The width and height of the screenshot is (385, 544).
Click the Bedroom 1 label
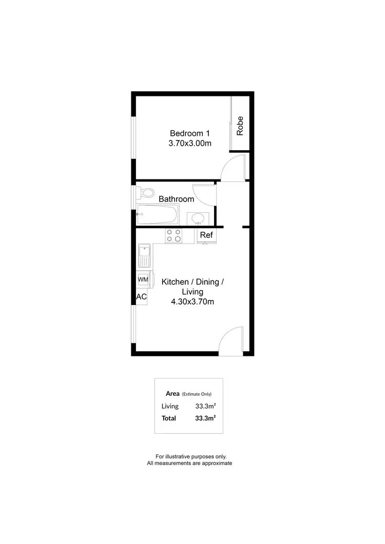click(190, 133)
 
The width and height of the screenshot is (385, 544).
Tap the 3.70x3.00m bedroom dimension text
click(190, 144)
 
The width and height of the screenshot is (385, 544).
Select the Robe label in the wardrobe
click(240, 126)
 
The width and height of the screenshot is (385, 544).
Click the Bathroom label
click(176, 199)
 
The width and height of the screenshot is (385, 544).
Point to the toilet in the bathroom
click(147, 193)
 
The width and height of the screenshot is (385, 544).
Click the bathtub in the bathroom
click(158, 215)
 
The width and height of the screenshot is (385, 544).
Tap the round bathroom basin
click(198, 219)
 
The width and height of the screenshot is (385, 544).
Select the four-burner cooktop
click(174, 235)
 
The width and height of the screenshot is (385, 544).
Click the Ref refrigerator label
click(206, 235)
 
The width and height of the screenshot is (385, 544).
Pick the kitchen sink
click(144, 255)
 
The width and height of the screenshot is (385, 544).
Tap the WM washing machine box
click(143, 279)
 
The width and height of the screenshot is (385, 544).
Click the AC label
click(142, 297)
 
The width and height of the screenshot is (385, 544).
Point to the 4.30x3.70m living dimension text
click(192, 302)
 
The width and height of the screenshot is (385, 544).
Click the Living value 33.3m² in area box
click(205, 406)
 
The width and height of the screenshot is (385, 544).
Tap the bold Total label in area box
click(169, 418)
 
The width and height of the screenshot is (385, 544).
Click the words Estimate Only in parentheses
click(197, 394)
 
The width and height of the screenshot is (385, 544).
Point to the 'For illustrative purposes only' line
click(190, 456)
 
